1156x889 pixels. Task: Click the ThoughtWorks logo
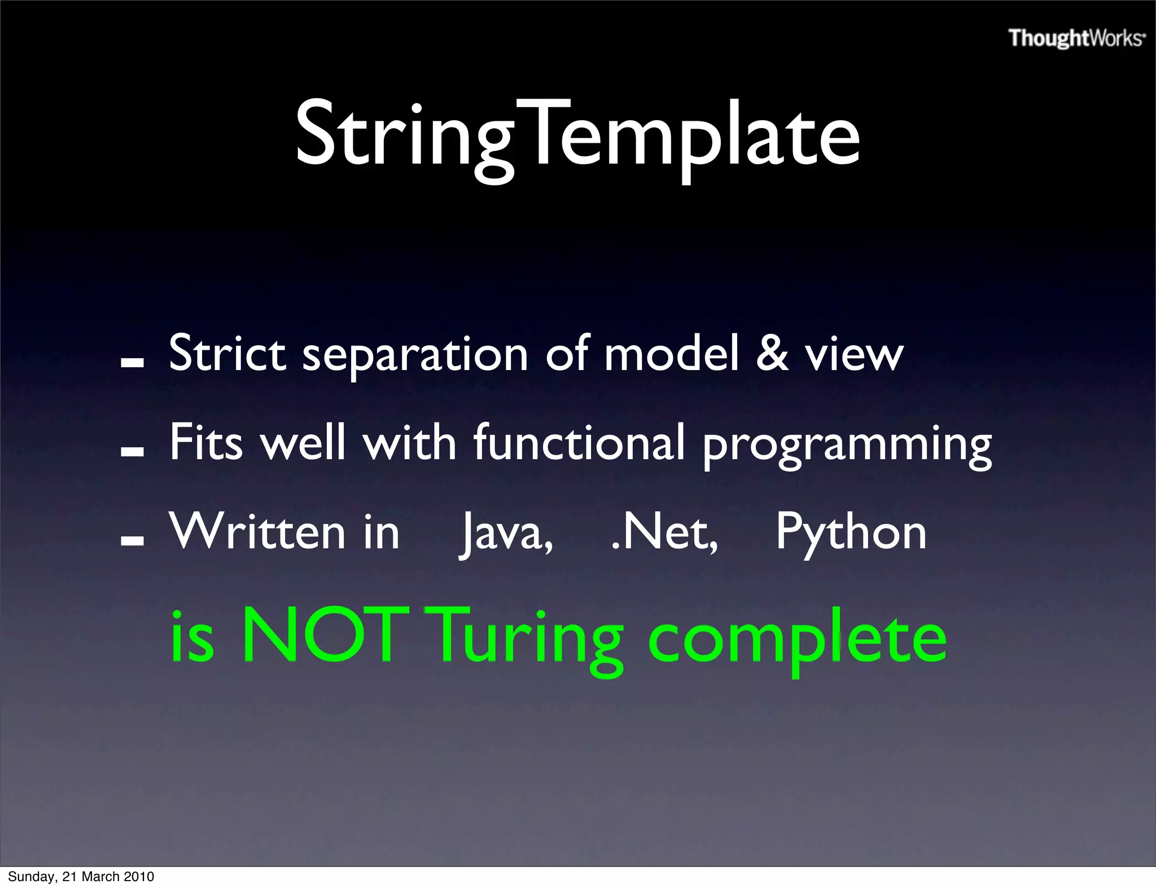[1076, 38]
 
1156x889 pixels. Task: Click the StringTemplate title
[577, 135]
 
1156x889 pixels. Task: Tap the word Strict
[227, 354]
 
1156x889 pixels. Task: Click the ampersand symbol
[772, 354]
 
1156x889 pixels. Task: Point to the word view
[854, 355]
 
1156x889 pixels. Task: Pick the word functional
[579, 443]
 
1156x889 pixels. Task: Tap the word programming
[847, 446]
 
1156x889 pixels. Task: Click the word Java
[506, 534]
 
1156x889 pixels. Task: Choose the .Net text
[664, 532]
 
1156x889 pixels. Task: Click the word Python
[851, 534]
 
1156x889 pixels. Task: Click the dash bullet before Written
[132, 540]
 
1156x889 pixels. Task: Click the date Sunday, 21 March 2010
[81, 877]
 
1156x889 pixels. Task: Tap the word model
[671, 354]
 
